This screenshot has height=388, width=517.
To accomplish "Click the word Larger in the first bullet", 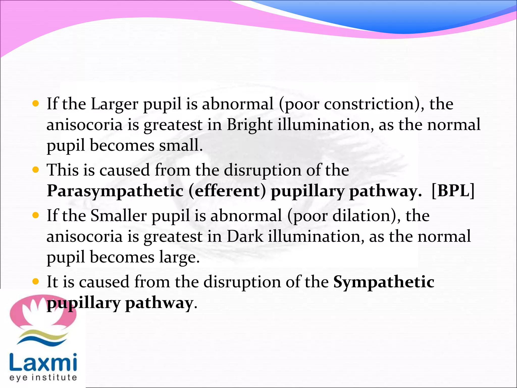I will (x=114, y=104).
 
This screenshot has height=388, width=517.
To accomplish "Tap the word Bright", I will (x=249, y=125).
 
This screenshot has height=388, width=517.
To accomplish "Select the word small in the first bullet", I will (x=181, y=146).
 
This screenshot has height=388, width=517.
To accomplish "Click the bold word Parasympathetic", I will (x=115, y=191).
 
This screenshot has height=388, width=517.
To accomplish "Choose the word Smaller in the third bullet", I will (x=118, y=216).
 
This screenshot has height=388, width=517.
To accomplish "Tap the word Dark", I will (x=245, y=237).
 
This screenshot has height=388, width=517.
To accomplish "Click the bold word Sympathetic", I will (x=384, y=282).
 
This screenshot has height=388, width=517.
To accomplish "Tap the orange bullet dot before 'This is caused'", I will (x=36, y=170).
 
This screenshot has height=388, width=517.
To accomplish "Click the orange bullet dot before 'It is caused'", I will (x=36, y=281).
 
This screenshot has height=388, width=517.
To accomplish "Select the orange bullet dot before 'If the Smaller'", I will (x=36, y=215).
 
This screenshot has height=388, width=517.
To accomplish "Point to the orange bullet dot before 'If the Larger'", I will (x=36, y=104).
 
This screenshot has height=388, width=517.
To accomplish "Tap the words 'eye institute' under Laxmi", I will (x=43, y=378).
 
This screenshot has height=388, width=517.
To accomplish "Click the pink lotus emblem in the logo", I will (x=43, y=312).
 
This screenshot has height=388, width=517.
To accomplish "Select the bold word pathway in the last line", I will (x=159, y=303).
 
